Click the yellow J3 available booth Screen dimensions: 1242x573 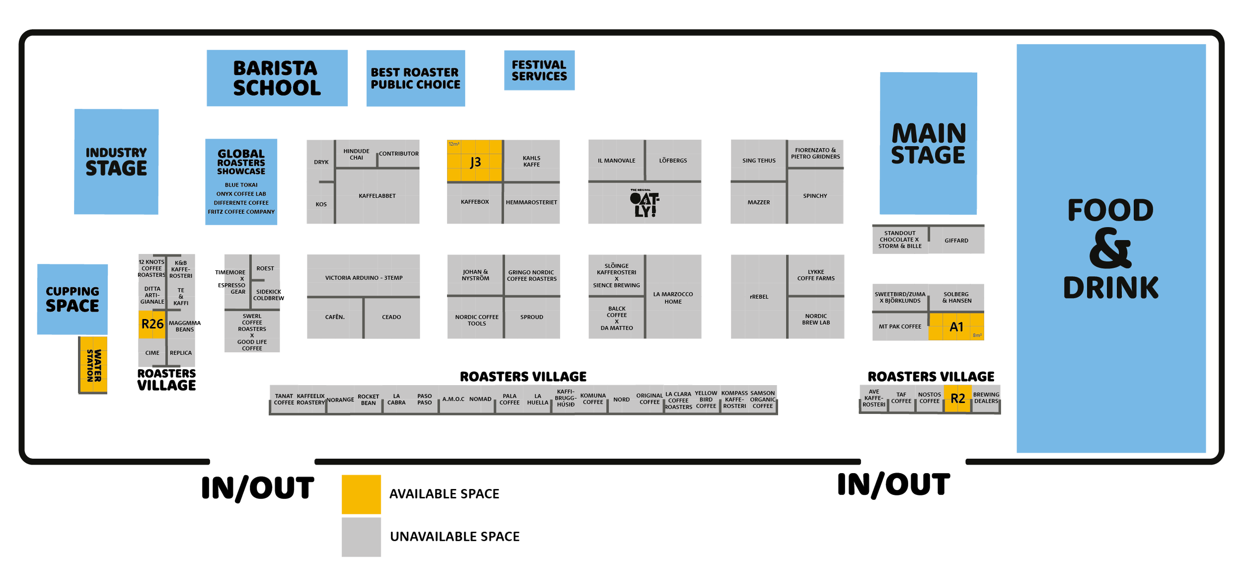474,161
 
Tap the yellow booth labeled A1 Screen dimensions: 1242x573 956,327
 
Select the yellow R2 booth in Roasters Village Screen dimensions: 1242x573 957,399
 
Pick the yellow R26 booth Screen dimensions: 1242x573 152,325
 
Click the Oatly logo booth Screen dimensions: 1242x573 644,204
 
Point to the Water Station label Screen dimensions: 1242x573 94,365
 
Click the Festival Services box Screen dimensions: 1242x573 539,71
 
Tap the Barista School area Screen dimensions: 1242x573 277,78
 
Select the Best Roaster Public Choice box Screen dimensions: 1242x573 416,79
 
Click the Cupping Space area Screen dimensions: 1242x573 73,299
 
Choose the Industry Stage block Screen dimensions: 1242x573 116,162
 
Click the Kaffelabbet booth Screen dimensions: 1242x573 378,196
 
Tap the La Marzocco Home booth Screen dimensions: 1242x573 673,298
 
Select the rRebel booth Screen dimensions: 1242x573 759,297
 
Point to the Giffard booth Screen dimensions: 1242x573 956,241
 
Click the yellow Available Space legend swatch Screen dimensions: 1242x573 361,494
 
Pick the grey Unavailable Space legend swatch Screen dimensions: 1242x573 361,537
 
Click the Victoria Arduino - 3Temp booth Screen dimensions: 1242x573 364,277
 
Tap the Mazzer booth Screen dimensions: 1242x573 759,202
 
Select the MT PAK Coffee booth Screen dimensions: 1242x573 900,327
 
